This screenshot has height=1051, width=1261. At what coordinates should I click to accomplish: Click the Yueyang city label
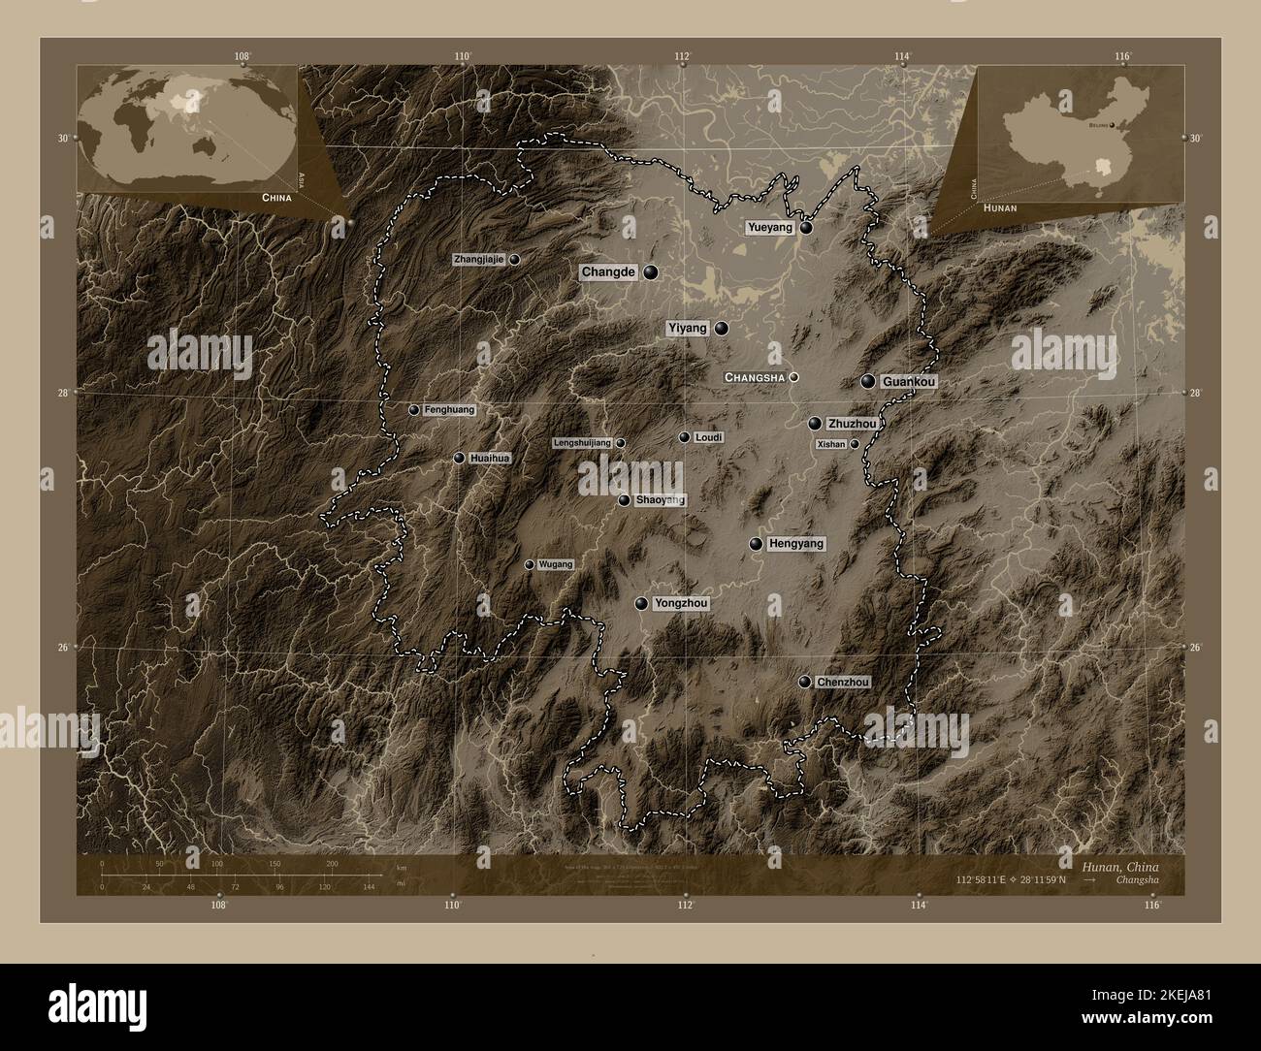(x=770, y=228)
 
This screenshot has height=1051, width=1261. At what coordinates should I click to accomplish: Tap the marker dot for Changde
(x=650, y=272)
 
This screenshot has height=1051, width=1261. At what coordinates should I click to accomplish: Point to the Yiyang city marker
(x=721, y=329)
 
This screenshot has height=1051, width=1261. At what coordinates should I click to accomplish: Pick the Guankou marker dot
(x=868, y=382)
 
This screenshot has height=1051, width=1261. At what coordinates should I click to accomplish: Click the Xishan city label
(x=832, y=444)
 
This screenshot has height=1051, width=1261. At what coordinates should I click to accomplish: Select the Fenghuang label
(x=449, y=410)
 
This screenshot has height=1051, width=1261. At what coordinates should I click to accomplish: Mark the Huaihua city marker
(x=459, y=458)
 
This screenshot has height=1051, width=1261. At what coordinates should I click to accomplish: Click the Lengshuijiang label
(x=582, y=443)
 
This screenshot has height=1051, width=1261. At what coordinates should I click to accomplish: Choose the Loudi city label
(x=709, y=438)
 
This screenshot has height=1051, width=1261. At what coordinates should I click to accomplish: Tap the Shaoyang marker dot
(x=624, y=500)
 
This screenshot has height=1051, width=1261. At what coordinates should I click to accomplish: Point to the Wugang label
(x=556, y=564)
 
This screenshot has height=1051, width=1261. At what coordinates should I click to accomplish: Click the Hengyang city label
(x=795, y=544)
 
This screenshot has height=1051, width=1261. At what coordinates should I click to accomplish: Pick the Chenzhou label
(x=842, y=683)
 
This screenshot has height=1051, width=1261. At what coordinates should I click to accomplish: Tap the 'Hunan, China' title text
(x=1115, y=865)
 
